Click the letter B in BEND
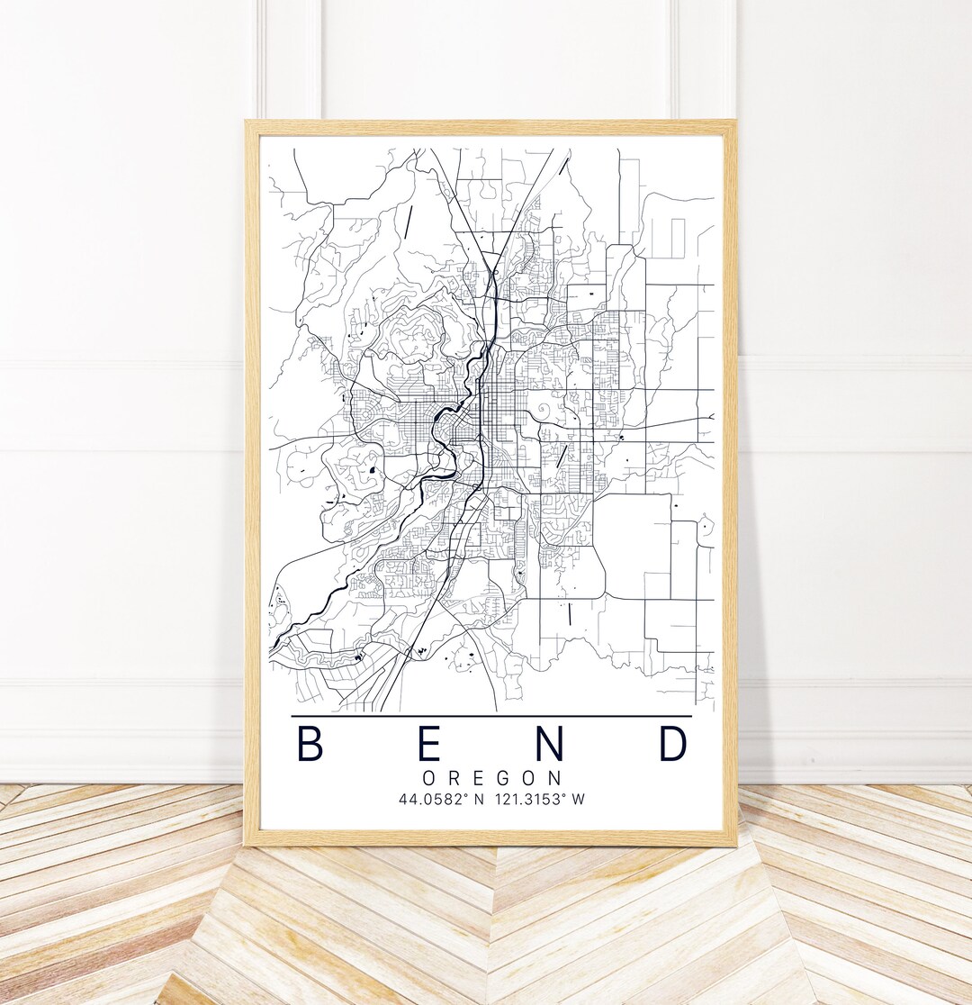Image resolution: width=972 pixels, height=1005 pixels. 310,744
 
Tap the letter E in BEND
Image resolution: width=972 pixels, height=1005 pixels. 429,744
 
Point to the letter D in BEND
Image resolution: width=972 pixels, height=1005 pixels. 673,744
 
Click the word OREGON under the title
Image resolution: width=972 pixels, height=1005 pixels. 491,777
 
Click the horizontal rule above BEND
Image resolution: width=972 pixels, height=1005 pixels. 491,716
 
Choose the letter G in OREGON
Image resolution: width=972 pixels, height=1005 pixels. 506,777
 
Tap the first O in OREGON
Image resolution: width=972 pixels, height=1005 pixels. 428,777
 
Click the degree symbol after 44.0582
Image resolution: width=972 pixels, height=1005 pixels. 462,795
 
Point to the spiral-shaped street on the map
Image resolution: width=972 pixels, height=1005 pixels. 544,412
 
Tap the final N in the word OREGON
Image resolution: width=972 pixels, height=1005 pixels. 555,777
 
